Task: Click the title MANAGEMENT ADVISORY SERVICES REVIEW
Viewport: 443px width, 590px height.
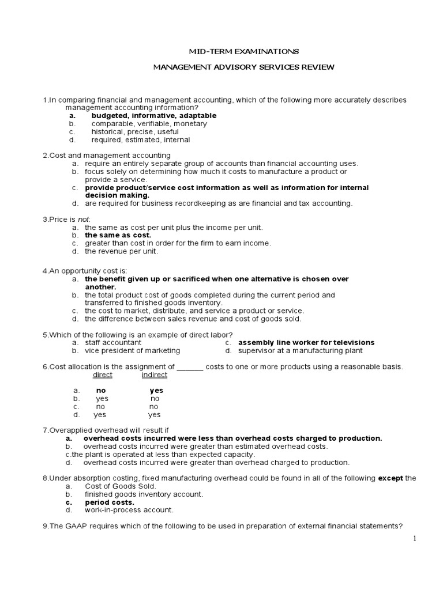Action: pos(243,67)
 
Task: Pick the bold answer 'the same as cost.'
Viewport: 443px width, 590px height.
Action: pos(118,235)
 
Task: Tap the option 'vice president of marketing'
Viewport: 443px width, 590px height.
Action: pos(132,350)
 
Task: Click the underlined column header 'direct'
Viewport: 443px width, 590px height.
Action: pos(103,375)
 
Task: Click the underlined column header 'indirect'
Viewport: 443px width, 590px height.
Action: pos(155,375)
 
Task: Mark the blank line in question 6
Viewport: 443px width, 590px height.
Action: pos(190,367)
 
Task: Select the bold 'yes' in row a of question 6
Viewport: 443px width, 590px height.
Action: pos(156,391)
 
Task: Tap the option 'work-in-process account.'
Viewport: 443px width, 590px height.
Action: pos(129,510)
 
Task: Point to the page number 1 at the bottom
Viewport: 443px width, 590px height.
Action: pos(414,538)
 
